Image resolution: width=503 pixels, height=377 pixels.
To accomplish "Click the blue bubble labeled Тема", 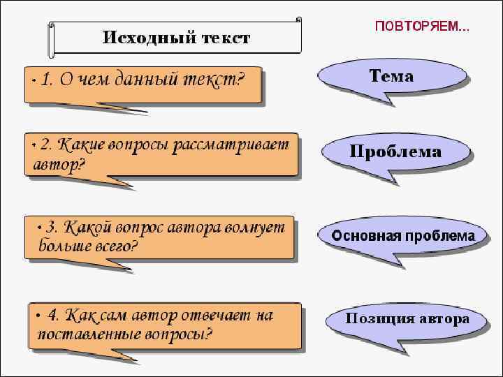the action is pyautogui.click(x=391, y=77).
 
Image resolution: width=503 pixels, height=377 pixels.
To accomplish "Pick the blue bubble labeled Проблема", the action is pyautogui.click(x=395, y=151).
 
